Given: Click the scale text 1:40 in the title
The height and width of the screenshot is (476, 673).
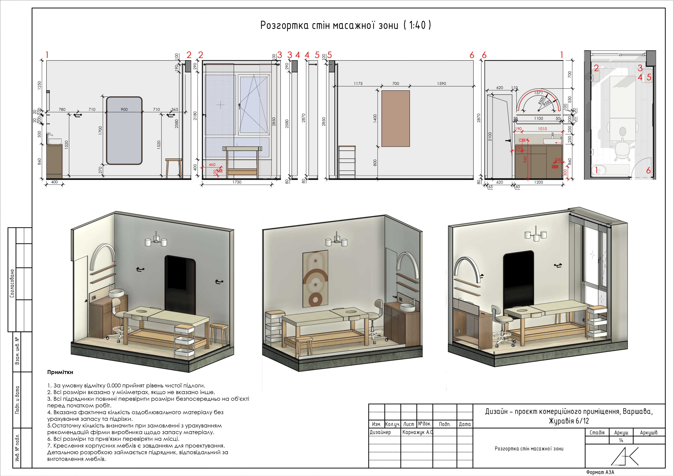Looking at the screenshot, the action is pos(417,25).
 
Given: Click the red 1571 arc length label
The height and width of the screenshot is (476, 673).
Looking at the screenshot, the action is pos(538,93).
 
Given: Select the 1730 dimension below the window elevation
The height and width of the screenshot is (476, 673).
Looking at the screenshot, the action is pos(237,182).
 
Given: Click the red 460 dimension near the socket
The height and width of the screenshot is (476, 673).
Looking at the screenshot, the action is pos(212,165).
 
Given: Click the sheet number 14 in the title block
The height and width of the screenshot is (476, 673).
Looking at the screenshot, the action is pos(621,440).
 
